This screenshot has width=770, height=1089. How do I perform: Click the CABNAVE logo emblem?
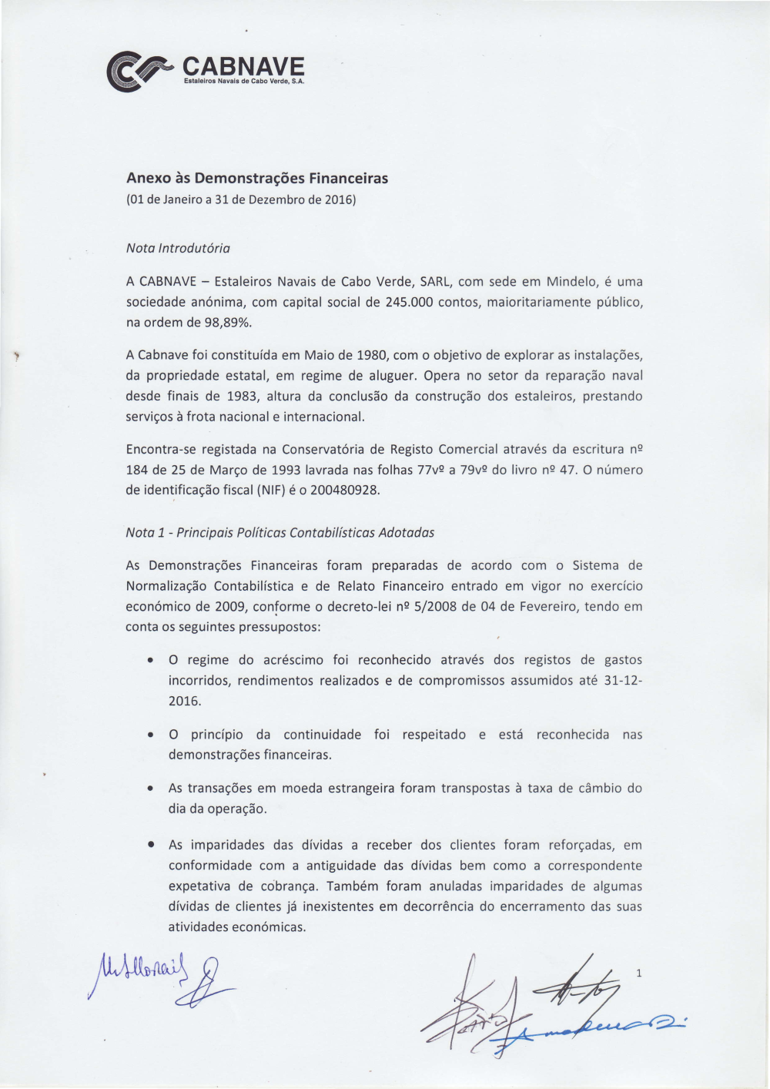point(139,71)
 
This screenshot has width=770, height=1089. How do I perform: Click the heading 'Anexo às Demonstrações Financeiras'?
point(257,178)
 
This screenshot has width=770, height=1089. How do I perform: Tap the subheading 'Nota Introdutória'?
point(178,248)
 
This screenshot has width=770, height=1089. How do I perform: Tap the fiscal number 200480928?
point(345,491)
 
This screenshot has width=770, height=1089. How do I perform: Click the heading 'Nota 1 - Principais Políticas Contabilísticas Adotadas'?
point(280,532)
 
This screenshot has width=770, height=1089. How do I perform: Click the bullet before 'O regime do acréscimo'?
point(149,661)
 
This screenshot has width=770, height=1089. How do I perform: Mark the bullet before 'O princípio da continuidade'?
point(149,735)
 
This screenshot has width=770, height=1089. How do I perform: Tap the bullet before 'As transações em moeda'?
point(149,789)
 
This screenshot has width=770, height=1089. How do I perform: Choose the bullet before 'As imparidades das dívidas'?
point(149,846)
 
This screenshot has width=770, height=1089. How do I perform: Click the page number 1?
point(638,973)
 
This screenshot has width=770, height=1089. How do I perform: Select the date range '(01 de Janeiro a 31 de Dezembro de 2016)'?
point(241,200)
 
